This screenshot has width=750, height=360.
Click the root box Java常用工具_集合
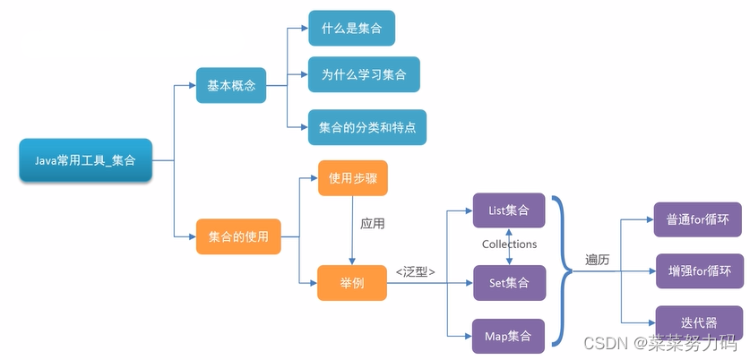pyautogui.click(x=85, y=162)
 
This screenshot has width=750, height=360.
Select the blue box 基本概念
pyautogui.click(x=231, y=85)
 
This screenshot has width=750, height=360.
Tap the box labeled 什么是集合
pyautogui.click(x=351, y=28)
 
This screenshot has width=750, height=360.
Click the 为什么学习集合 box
pyautogui.click(x=363, y=75)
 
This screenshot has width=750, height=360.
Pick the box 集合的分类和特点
pyautogui.click(x=367, y=127)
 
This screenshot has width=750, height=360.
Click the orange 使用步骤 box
pyautogui.click(x=353, y=178)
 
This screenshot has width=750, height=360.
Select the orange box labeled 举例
pyautogui.click(x=352, y=282)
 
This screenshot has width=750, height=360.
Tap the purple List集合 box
pyautogui.click(x=508, y=210)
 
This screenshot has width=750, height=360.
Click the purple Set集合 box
pyautogui.click(x=508, y=282)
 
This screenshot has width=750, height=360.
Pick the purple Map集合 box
pyautogui.click(x=508, y=336)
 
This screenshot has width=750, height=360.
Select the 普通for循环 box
pyautogui.click(x=697, y=219)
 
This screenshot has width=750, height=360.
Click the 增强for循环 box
pyautogui.click(x=699, y=270)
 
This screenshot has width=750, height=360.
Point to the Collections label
pyautogui.click(x=509, y=244)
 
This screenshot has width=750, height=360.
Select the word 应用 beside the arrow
pyautogui.click(x=373, y=224)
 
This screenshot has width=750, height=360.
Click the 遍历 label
pyautogui.click(x=598, y=259)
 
